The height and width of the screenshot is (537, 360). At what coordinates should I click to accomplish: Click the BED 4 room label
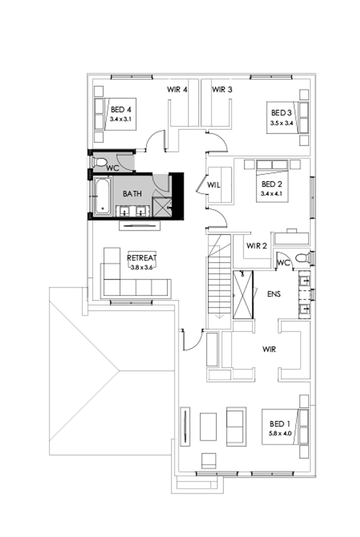[x=121, y=109]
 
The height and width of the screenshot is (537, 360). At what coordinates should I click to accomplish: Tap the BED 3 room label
[x=282, y=113]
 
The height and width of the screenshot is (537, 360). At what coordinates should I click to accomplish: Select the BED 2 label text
[x=272, y=184]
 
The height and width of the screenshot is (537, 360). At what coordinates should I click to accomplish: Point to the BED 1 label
[x=280, y=424]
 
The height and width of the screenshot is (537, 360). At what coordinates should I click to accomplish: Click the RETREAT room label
[x=141, y=258]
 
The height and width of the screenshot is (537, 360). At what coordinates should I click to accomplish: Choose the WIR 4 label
[x=177, y=89]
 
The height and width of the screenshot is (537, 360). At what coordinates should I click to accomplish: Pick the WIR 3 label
[x=222, y=89]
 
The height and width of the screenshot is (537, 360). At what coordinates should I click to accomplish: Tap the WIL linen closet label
[x=213, y=185]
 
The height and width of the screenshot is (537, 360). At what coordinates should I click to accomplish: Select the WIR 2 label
[x=257, y=246]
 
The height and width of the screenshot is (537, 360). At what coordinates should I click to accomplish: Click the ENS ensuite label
[x=274, y=294]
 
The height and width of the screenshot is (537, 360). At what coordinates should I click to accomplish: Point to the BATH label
[x=132, y=194]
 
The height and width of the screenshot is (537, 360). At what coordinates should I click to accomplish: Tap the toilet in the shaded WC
[x=100, y=162]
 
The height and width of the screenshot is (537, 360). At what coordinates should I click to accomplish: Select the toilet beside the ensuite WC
[x=302, y=257]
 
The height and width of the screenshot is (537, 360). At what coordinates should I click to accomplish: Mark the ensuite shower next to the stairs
[x=243, y=295]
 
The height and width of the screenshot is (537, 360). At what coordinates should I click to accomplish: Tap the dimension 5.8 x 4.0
[x=280, y=433]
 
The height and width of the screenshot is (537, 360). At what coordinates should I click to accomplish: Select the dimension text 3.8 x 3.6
[x=141, y=267]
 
